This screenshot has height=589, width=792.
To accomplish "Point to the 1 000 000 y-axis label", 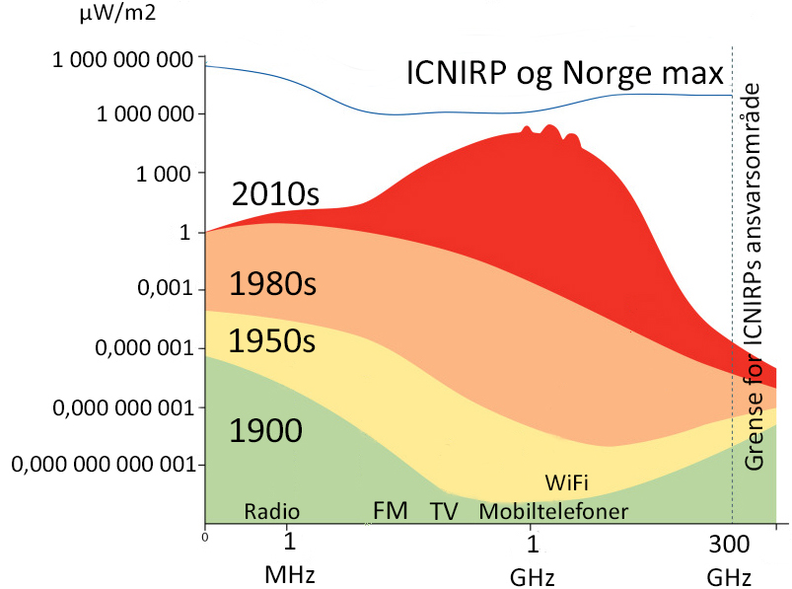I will (142, 114).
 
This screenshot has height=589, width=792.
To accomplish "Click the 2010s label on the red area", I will (275, 193).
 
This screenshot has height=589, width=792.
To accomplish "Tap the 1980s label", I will (272, 285).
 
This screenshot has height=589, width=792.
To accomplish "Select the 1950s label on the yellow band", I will (271, 341).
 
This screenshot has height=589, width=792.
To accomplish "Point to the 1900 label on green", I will (265, 431).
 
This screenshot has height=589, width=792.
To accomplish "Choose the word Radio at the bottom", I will (271, 511).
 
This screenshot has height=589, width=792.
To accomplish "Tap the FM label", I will (391, 511).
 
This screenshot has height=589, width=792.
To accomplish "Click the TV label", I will (445, 511).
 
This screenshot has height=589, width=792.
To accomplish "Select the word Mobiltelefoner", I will (553, 511).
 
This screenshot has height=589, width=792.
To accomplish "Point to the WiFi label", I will (567, 483).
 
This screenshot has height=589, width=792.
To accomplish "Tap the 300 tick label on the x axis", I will (731, 545).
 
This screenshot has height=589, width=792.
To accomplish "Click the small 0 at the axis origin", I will (204, 538).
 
